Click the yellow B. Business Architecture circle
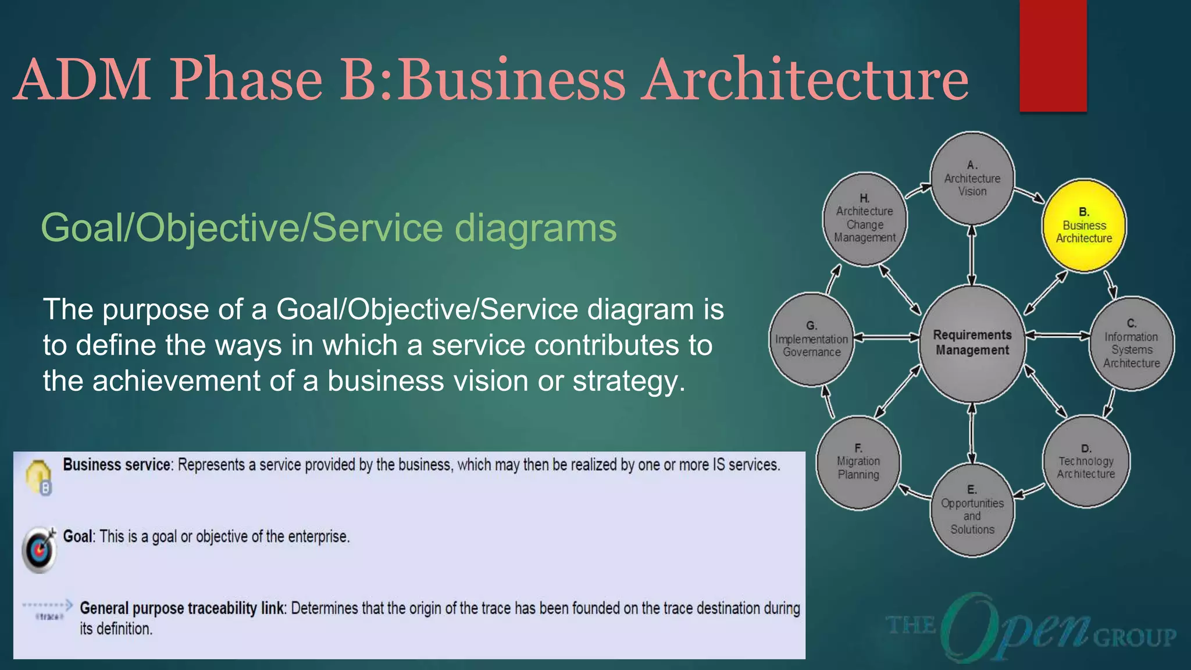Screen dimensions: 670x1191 (x=1084, y=226)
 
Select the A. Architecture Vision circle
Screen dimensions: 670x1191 (x=972, y=179)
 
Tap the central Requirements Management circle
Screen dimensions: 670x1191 (x=972, y=343)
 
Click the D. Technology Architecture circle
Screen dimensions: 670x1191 (x=1086, y=462)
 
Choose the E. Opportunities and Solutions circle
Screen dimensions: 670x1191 (x=972, y=510)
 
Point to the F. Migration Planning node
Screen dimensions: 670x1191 (x=858, y=462)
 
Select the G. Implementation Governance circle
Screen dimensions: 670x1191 (x=812, y=340)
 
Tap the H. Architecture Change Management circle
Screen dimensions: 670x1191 (x=865, y=219)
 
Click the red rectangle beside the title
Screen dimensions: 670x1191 (x=1053, y=55)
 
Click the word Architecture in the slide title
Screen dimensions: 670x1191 (x=806, y=80)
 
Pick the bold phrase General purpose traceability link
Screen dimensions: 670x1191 (x=182, y=608)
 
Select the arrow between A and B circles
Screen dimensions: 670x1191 (x=1029, y=195)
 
